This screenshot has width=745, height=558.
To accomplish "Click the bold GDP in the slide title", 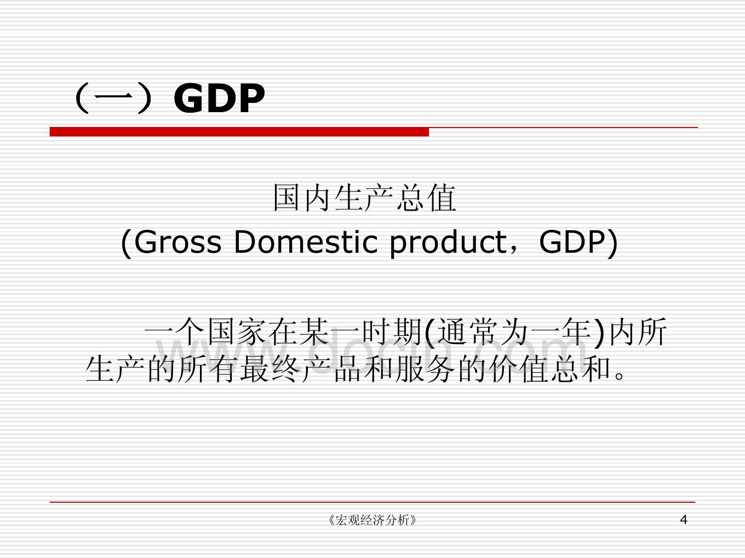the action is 219,98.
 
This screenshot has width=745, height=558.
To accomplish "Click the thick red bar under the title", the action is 239,132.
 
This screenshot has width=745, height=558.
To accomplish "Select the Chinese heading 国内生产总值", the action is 364,198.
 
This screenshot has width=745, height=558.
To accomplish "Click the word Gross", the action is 178,242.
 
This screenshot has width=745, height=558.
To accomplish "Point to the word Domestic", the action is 306,242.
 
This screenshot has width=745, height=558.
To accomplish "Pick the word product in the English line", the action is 448,244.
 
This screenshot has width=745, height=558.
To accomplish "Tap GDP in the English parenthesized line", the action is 572,242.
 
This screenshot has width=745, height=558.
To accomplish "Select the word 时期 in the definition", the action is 392,332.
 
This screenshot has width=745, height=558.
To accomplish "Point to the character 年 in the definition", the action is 576,332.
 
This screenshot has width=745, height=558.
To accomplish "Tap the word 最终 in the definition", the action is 270,369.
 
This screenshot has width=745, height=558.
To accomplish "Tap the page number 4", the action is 684,520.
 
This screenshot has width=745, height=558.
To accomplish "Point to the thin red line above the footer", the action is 373,502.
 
